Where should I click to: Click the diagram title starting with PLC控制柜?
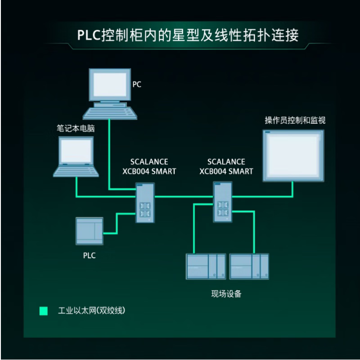pos(188,35)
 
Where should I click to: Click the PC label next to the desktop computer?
pos(137,84)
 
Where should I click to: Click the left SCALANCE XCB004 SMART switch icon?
pos(145,202)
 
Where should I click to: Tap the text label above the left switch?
pos(149,166)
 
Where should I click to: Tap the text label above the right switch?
pos(226,166)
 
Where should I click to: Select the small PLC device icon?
pos(89,231)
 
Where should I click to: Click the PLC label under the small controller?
pos(89,256)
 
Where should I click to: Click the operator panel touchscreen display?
pos(293,155)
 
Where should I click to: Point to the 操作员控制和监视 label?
pos(295,120)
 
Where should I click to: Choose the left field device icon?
pos(206,266)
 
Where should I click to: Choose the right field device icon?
pos(249,266)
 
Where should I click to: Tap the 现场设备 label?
pos(226,294)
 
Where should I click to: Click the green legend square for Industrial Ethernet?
pos(43,310)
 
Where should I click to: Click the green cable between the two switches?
pos(184,197)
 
